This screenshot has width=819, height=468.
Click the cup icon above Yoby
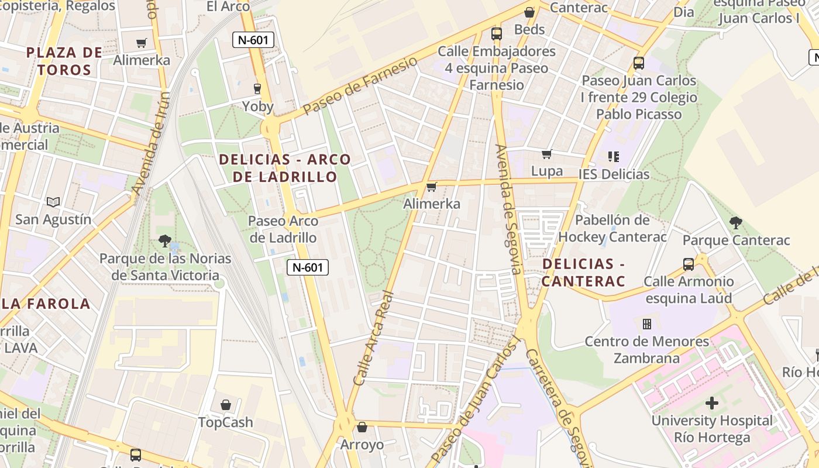tap(257, 89)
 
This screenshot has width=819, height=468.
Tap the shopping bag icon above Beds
tap(529, 12)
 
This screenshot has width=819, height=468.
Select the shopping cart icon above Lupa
tap(547, 154)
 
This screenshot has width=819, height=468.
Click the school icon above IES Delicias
tap(613, 156)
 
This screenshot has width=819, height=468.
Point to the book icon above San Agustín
tap(53, 202)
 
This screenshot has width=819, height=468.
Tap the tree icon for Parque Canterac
tap(736, 222)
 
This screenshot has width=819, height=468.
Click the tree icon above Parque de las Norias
tap(165, 240)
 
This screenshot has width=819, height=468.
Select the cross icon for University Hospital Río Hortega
tap(712, 403)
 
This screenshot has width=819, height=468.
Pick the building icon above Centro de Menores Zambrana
tap(647, 324)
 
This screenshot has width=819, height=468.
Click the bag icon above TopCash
tap(226, 405)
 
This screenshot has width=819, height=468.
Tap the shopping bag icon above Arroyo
tap(362, 427)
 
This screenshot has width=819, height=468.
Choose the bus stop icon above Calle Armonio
tap(689, 264)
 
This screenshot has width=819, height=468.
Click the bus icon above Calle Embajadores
tap(497, 34)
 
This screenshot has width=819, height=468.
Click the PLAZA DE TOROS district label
tap(64, 61)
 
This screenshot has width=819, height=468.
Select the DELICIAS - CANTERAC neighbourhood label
tap(583, 272)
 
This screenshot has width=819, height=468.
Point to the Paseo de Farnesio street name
tap(361, 85)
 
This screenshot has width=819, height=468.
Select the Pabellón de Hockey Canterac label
tap(612, 228)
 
